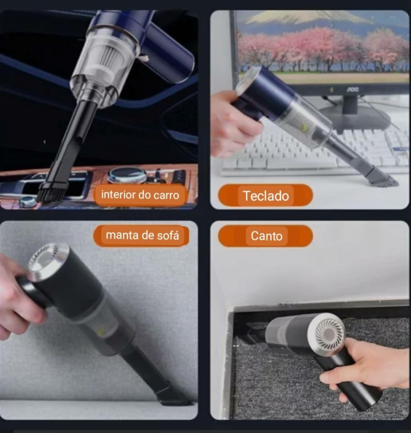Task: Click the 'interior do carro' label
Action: (x=140, y=195)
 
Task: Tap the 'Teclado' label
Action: (x=266, y=196)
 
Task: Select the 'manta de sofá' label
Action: (x=142, y=235)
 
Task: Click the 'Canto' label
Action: (x=266, y=236)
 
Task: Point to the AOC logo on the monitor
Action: (x=353, y=89)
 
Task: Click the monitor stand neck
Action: (x=350, y=105)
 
